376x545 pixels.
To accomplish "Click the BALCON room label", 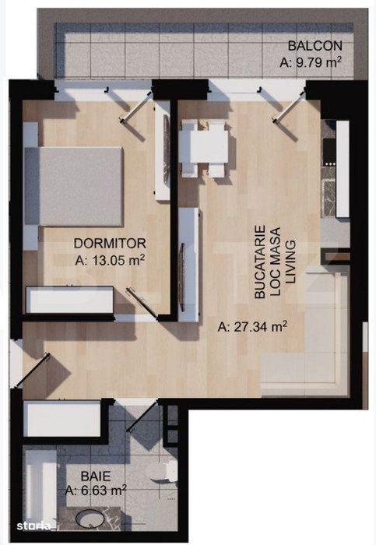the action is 315,45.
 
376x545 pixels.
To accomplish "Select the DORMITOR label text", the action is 110,243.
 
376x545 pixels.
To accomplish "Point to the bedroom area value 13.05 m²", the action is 110,260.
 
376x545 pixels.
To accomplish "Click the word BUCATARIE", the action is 260,262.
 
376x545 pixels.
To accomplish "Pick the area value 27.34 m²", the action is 252,327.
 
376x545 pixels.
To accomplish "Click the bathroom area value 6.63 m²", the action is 96,491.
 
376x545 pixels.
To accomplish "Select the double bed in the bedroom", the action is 74,187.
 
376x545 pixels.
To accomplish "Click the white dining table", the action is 204,146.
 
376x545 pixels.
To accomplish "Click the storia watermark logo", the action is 33,526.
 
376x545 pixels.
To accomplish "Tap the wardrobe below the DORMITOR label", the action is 70,300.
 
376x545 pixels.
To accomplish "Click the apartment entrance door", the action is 31,370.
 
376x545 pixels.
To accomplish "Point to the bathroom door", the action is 142,416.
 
